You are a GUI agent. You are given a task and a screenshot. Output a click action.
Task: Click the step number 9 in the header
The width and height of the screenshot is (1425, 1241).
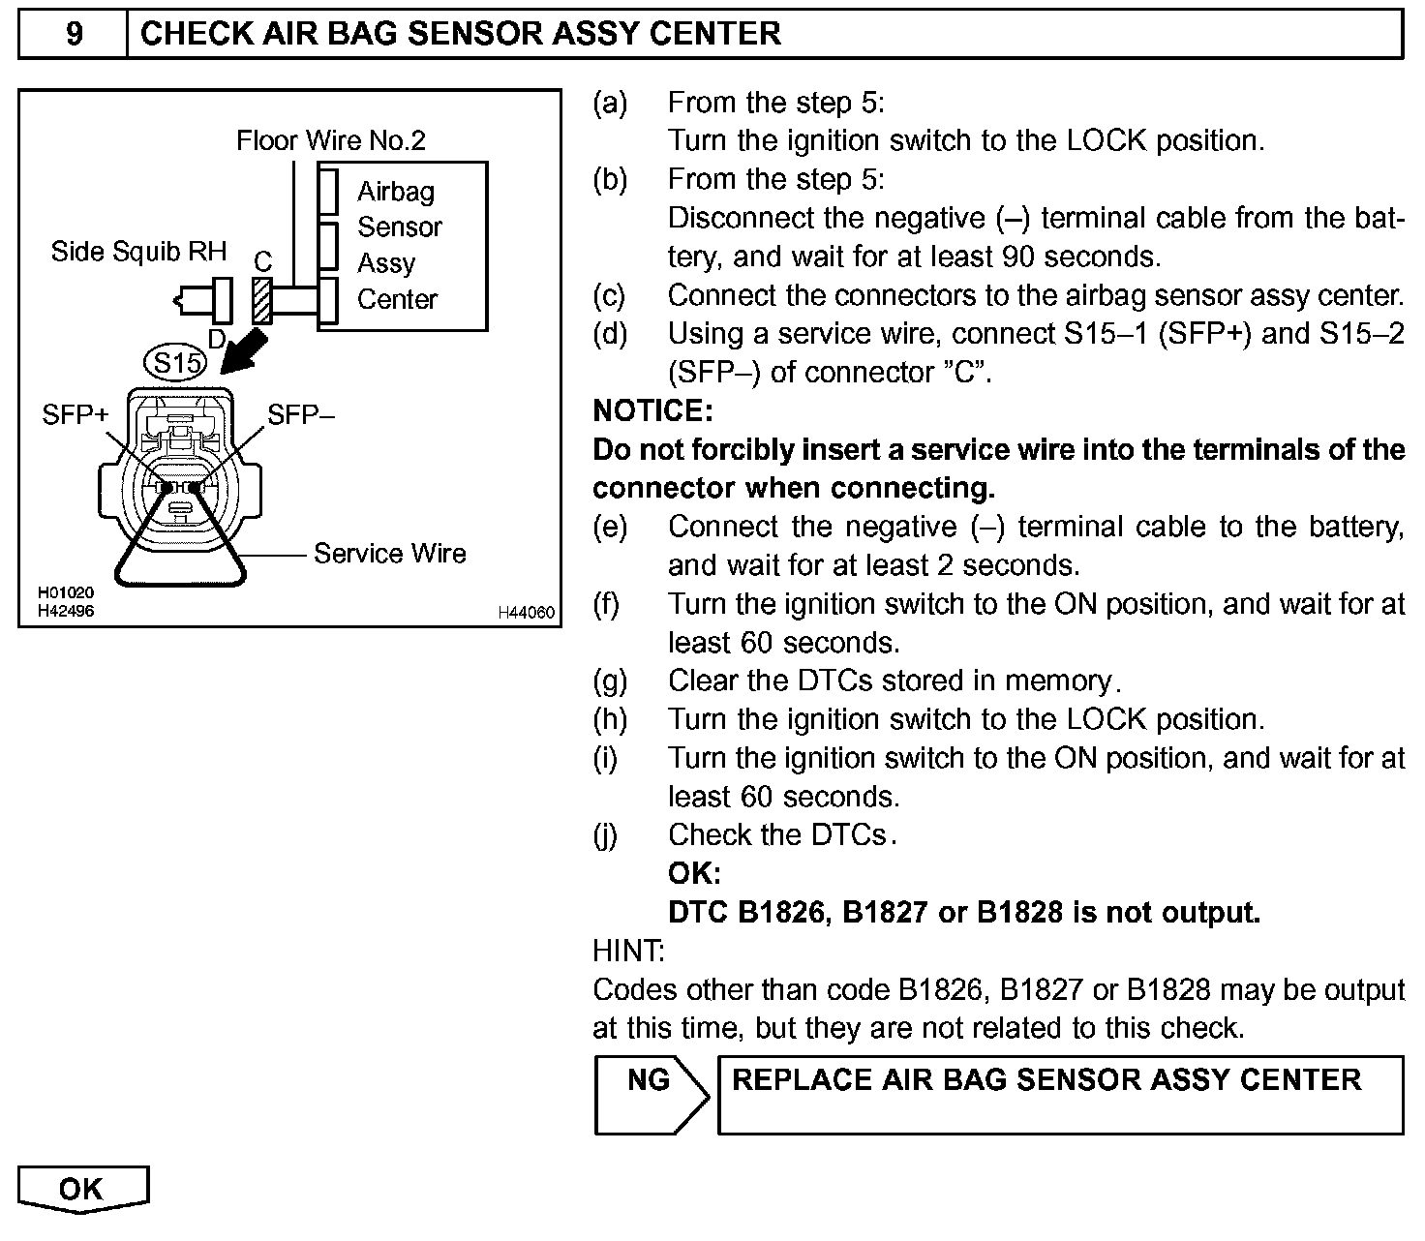[74, 35]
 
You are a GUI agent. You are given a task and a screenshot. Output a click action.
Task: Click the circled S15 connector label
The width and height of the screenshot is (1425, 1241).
[175, 364]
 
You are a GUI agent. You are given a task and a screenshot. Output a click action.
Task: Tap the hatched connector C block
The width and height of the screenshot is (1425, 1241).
[261, 300]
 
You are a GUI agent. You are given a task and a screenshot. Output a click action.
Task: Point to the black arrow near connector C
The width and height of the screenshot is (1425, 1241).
[243, 349]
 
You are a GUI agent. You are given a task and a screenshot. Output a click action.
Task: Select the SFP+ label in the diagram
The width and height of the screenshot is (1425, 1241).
[76, 415]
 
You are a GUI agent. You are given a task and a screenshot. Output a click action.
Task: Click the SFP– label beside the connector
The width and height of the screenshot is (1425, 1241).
[301, 415]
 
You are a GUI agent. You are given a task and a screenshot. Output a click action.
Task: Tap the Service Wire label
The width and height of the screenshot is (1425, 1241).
[389, 554]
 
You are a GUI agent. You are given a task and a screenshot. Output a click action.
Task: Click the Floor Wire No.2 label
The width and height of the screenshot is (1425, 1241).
[330, 141]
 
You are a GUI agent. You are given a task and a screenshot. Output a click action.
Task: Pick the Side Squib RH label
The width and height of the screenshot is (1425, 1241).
[138, 252]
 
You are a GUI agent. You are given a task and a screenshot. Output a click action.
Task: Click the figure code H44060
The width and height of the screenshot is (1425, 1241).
[526, 613]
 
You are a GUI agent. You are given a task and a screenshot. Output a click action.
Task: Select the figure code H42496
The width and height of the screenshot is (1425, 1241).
[66, 612]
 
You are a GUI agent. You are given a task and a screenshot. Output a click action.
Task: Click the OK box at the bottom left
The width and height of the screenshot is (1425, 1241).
[82, 1189]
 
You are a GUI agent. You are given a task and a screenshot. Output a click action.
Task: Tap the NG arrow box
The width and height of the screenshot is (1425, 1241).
[650, 1094]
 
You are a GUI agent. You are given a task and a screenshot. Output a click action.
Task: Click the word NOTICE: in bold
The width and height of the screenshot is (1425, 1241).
[652, 411]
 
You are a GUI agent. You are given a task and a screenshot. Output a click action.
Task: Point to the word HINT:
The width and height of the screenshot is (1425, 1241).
[628, 952]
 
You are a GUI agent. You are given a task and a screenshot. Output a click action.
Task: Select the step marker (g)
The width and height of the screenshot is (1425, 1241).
[609, 681]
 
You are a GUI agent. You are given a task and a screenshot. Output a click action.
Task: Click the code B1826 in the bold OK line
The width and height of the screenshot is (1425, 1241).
[780, 913]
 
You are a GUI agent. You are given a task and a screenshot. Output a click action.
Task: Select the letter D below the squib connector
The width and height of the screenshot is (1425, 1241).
[217, 339]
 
